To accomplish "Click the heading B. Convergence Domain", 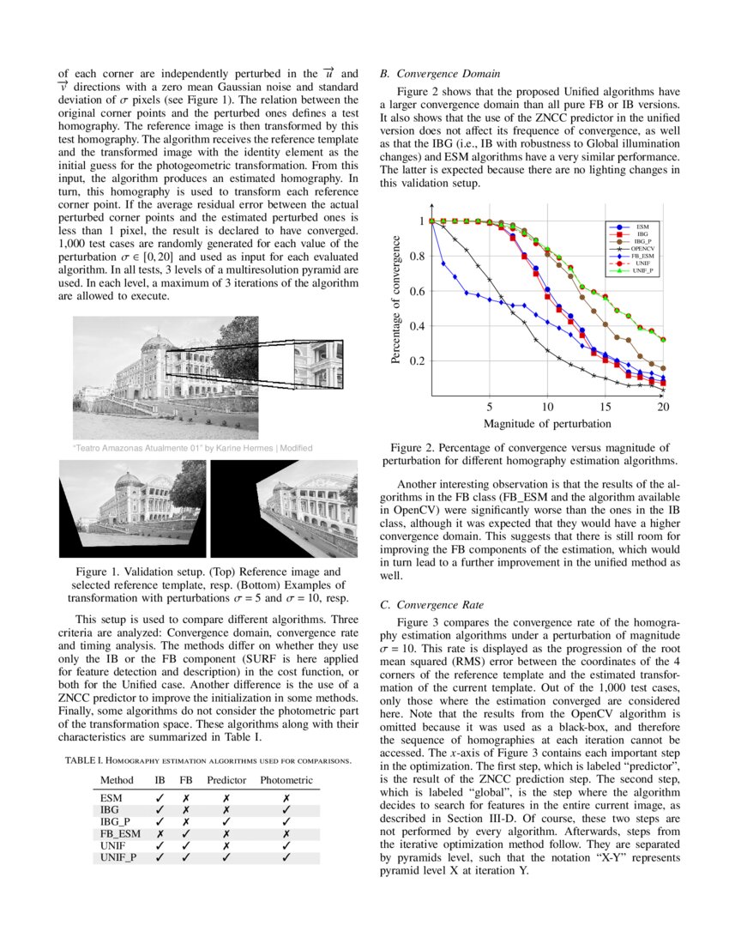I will [440, 75].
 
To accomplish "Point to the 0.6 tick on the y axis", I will [415, 292].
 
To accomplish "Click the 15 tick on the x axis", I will [605, 407].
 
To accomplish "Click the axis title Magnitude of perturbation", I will [547, 423].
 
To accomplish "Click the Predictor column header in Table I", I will [226, 780].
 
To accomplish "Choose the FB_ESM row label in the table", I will [118, 833].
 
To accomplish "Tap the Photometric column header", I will [286, 780].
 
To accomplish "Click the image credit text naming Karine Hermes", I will [192, 448].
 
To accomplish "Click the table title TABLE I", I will [207, 760].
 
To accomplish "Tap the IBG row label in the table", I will [110, 809].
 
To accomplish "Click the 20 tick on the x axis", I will [663, 407].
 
